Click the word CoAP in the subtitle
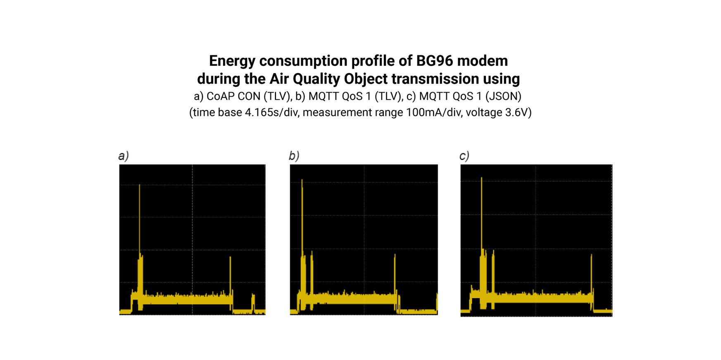pos(220,96)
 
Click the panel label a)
pos(123,156)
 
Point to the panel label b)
pos(294,156)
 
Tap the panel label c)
pos(464,156)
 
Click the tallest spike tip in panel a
pos(140,185)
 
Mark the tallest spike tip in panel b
pos(302,180)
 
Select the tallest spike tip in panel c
pos(481,178)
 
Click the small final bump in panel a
pos(253,296)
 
